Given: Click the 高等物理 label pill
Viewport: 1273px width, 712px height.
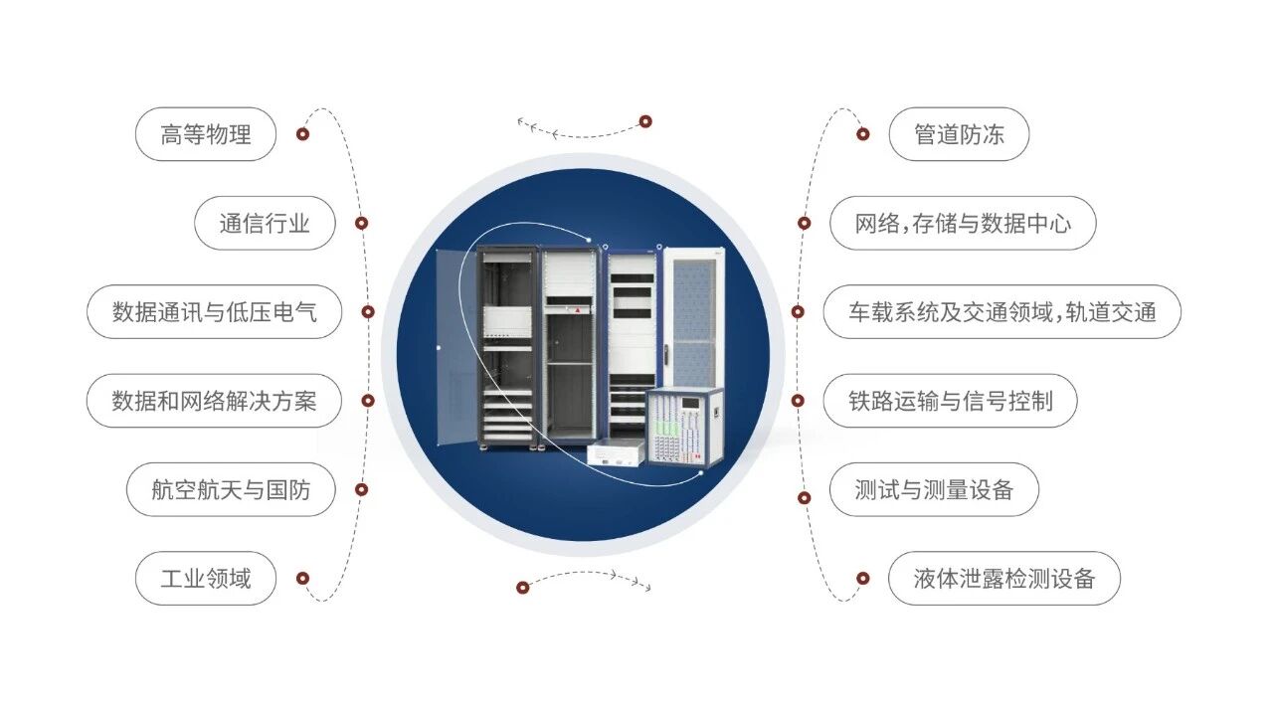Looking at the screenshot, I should tap(205, 134).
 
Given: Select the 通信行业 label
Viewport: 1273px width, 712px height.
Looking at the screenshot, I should tap(265, 223).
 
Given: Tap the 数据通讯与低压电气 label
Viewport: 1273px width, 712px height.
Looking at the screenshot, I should tap(214, 312).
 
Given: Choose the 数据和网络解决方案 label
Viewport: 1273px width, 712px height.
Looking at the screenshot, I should tap(214, 401).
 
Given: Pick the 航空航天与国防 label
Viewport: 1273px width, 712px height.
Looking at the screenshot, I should tap(231, 489).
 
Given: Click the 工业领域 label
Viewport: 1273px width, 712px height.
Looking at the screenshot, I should tap(205, 578).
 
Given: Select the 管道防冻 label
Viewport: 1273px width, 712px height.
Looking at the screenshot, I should tap(958, 134).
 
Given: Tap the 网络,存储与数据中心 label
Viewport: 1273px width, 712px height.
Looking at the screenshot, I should tap(963, 223).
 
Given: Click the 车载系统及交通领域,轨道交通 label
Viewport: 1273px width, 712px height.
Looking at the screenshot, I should tap(1001, 312).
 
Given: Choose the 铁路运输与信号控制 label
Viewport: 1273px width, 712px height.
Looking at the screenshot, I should tap(950, 401).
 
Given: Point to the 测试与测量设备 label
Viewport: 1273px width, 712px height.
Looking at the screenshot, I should tap(934, 489).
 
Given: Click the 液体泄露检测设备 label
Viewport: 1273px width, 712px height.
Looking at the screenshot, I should tap(1003, 578).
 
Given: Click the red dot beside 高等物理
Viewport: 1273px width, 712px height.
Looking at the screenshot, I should tap(303, 134).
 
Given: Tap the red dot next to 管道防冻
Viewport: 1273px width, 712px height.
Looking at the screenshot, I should tap(862, 134).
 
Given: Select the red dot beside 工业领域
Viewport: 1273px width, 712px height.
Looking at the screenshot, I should tap(303, 578).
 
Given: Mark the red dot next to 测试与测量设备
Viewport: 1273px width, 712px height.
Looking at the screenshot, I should tap(804, 497).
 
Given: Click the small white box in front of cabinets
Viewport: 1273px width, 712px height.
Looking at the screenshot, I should tap(616, 453).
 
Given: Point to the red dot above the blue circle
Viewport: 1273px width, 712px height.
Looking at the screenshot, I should tap(645, 121).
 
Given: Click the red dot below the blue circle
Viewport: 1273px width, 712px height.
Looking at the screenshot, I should tap(523, 588).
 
